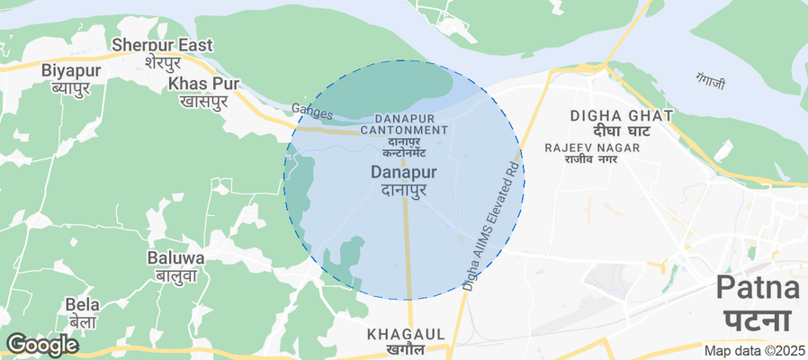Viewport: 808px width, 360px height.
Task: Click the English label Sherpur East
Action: (x=162, y=45)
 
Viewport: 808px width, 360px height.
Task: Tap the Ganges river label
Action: (x=312, y=112)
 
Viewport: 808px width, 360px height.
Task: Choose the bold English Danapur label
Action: (x=404, y=171)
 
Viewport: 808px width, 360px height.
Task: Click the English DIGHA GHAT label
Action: (x=622, y=115)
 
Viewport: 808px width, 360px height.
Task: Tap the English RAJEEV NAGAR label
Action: (x=591, y=147)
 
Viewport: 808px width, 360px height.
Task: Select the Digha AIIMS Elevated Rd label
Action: (x=491, y=225)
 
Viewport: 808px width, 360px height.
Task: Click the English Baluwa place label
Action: (x=175, y=257)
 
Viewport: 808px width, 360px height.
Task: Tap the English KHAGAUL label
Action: (x=406, y=334)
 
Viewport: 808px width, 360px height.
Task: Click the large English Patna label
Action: (x=758, y=290)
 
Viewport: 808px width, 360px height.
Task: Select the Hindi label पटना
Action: (x=758, y=320)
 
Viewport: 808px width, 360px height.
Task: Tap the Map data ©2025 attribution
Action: (x=754, y=351)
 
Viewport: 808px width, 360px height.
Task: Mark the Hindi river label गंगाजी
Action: (x=710, y=80)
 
